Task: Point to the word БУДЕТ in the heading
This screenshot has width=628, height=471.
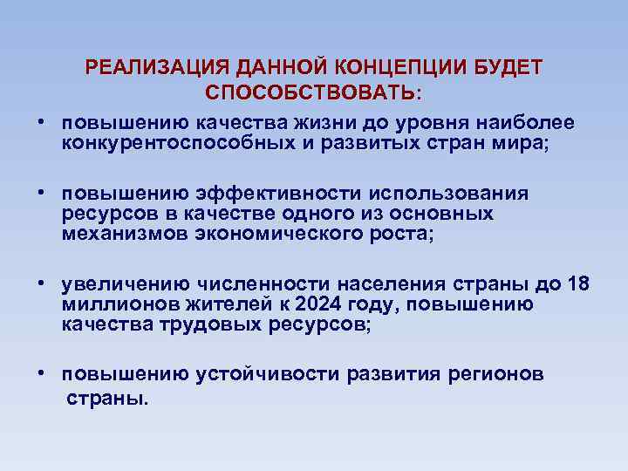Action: click(x=506, y=68)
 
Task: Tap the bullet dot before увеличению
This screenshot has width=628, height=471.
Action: click(x=41, y=284)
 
